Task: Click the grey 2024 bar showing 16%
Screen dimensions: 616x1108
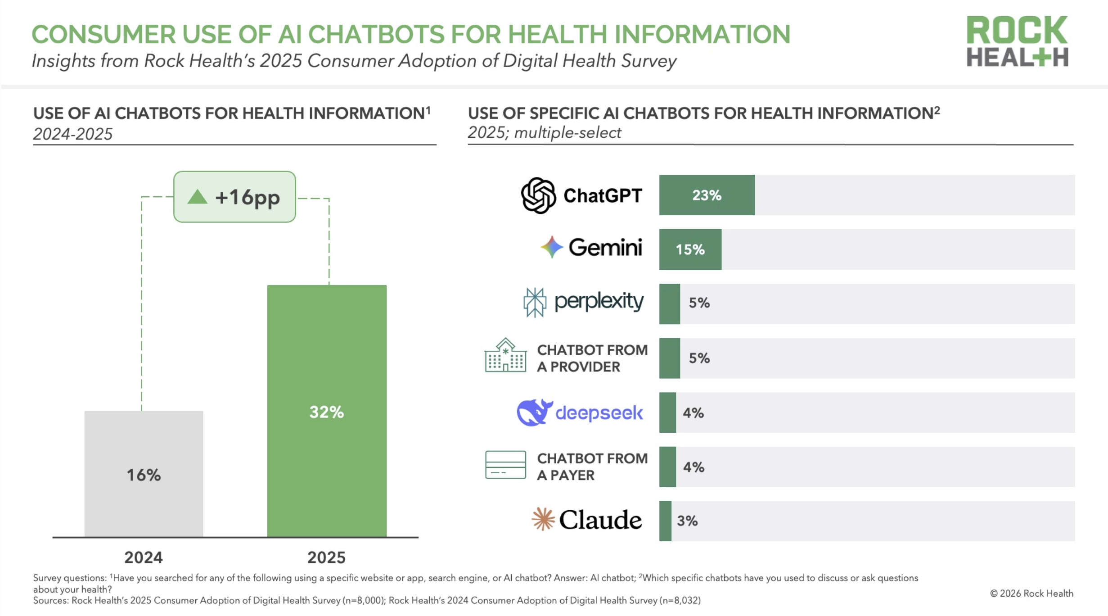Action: [x=144, y=473]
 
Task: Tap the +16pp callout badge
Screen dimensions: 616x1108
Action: [x=234, y=197]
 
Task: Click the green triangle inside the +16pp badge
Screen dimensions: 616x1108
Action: [x=197, y=197]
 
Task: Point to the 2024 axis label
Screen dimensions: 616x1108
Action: [x=144, y=557]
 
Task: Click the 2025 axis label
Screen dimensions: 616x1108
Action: [x=326, y=557]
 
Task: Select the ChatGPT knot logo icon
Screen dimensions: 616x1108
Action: [x=538, y=195]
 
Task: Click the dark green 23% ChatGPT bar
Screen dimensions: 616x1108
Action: [x=707, y=195]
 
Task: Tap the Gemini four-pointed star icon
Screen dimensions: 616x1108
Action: [x=552, y=247]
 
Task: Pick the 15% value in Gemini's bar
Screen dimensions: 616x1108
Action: [x=690, y=249]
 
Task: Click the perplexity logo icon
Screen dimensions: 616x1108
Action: [x=535, y=302]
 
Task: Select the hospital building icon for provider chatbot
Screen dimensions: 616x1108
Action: [x=505, y=355]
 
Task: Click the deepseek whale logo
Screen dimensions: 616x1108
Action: [x=534, y=412]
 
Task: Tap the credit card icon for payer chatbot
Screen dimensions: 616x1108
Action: [x=505, y=465]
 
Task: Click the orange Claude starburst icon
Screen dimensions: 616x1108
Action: [x=543, y=519]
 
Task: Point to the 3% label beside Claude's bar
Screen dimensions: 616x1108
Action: [x=687, y=521]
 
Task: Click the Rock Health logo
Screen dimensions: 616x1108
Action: [x=1017, y=41]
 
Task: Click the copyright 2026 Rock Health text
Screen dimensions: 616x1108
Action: [x=1031, y=593]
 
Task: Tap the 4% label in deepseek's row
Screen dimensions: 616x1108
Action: [x=693, y=413]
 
